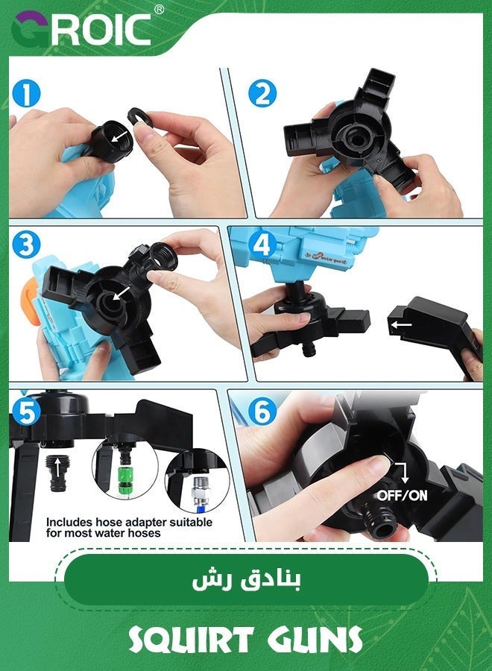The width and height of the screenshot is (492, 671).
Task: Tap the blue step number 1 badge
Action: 25,95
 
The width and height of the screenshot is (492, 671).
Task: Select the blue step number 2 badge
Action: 262,95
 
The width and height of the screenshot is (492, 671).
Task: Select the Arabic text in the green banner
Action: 245,581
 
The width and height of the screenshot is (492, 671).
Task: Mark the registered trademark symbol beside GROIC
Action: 158,10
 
